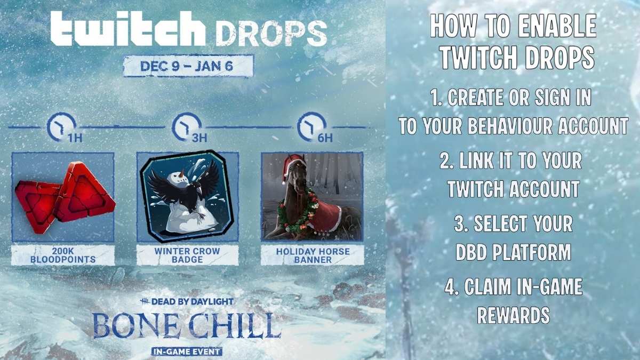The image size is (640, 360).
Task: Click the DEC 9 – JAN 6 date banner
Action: click(x=188, y=67)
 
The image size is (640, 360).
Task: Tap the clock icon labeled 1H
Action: click(x=58, y=126)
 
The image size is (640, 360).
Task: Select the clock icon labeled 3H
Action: click(x=182, y=126)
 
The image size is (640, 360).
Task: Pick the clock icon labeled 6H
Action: click(x=307, y=126)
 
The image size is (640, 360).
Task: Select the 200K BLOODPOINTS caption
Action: click(x=63, y=255)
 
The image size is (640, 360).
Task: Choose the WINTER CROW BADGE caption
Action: click(x=187, y=255)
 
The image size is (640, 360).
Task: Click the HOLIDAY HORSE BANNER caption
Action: click(x=312, y=255)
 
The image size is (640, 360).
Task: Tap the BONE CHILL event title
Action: click(x=187, y=325)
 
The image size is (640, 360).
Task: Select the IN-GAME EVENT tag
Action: click(x=187, y=351)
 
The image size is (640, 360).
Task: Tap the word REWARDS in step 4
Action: click(x=513, y=315)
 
